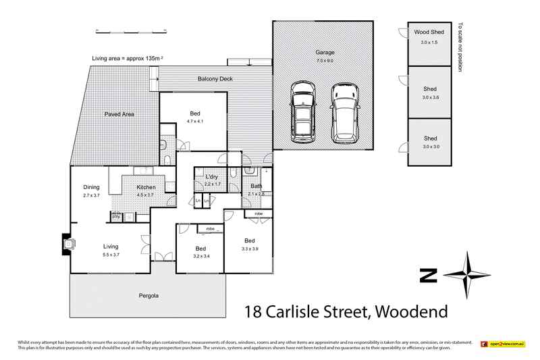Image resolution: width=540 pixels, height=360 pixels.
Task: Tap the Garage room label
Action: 325,52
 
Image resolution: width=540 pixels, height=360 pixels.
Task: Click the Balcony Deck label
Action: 215,79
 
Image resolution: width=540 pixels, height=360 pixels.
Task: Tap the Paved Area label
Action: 119,115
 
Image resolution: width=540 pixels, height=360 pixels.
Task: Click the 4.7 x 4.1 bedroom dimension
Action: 195,121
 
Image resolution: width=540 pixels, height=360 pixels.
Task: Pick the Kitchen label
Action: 146,187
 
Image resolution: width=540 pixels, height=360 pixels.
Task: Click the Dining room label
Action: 92,187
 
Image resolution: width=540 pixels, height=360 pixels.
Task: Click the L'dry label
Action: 213,177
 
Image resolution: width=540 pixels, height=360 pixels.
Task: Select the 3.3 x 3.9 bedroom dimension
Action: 250,249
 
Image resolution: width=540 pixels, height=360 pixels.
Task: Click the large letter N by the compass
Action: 428,275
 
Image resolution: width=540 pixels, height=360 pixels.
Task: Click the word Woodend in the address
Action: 410,312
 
